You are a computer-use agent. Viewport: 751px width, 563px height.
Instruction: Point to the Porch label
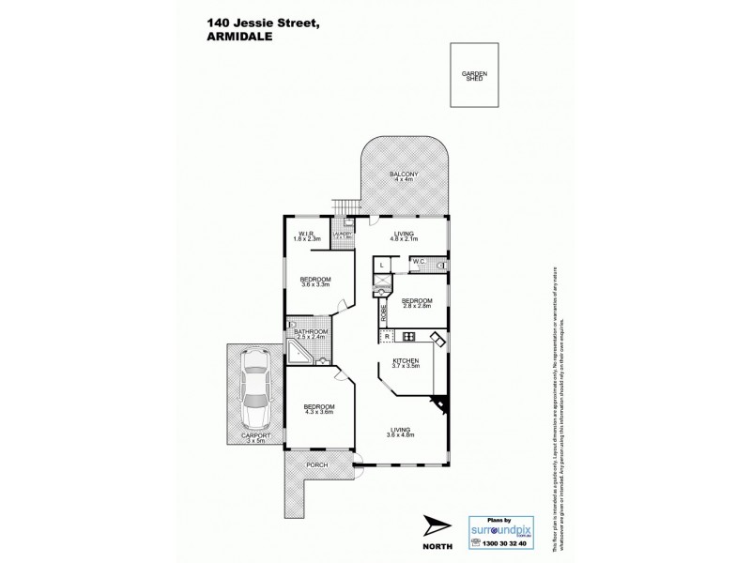pyautogui.click(x=314, y=463)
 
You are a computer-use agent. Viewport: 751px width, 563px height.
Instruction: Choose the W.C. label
pyautogui.click(x=419, y=262)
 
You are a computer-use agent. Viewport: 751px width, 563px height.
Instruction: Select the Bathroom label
pyautogui.click(x=310, y=333)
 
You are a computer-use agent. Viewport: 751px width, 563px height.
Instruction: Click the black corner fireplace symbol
pyautogui.click(x=439, y=403)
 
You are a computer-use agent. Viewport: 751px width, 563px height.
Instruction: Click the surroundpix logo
pyautogui.click(x=502, y=528)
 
